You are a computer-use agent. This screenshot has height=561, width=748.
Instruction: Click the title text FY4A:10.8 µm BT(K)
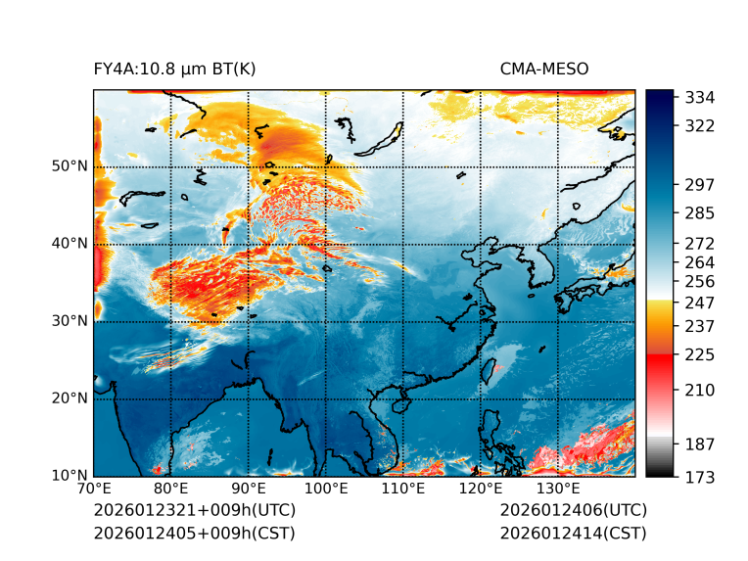coord(174,70)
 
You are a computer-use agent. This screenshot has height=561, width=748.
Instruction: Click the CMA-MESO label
coord(543,70)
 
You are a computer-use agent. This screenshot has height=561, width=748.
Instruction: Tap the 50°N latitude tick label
coord(70,166)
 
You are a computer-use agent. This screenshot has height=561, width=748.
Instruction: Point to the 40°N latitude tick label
coord(70,244)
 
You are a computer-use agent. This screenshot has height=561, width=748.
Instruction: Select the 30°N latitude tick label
coord(70,321)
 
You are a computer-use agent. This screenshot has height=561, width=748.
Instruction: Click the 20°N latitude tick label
coord(70,398)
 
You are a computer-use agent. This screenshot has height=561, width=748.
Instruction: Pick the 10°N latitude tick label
coord(70,476)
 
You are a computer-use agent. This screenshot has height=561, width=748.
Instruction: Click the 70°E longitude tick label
coord(94,490)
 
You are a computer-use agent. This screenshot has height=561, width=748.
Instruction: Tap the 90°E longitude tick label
coord(249,490)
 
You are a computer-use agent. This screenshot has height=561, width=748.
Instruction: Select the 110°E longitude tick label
coord(403,490)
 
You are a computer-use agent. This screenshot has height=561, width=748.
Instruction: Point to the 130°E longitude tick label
coord(558,490)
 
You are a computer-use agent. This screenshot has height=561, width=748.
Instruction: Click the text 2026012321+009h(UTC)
coord(194,511)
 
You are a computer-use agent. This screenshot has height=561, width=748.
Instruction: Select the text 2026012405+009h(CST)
coord(194,534)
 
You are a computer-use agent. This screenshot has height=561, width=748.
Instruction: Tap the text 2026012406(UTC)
coord(573,511)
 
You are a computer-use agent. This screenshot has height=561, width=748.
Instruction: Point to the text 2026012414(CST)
coord(573,534)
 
